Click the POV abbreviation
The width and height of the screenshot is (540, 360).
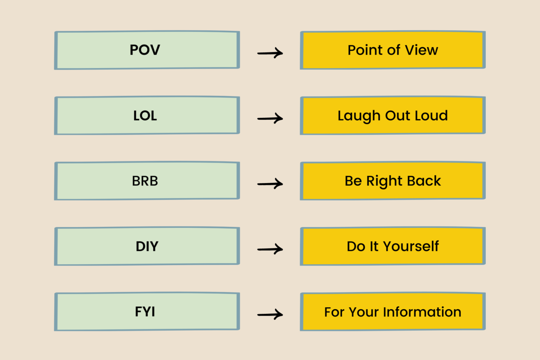tap(145, 50)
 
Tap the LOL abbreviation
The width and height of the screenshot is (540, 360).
tap(145, 116)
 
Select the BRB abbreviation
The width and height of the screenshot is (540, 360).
tap(145, 181)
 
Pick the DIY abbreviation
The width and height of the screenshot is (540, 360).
tap(147, 246)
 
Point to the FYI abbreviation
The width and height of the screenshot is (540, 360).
tap(145, 312)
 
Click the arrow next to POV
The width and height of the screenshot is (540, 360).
tap(270, 53)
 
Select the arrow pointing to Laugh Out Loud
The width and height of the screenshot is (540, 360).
tap(270, 118)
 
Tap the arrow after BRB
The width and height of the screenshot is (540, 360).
tap(270, 184)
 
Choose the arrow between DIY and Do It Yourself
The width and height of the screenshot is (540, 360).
tap(270, 249)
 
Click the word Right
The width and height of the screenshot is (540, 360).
tap(384, 181)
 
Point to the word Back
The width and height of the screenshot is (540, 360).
tap(424, 181)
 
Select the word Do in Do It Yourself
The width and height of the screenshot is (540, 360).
tap(356, 246)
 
